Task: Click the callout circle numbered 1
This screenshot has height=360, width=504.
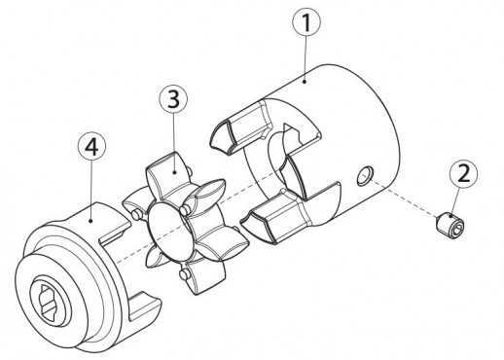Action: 306,22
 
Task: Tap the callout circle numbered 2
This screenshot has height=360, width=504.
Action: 464,174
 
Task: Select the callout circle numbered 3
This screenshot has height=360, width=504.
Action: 173,99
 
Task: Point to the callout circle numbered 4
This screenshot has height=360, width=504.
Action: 91,147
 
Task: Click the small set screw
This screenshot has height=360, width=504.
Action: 450,224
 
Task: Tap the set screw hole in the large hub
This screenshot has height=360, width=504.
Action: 365,176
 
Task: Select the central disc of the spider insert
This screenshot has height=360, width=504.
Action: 167,232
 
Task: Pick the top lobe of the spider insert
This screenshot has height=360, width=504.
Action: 167,171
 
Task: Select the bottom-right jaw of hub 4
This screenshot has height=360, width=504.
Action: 144,306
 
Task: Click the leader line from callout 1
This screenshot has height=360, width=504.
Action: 306,59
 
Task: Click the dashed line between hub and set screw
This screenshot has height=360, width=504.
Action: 401,196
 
